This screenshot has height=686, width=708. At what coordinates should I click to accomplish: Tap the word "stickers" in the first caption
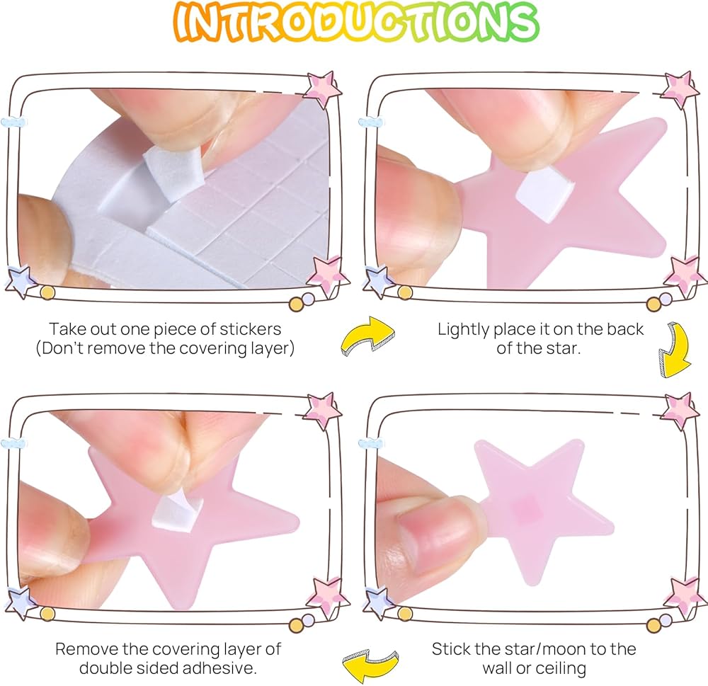[x=250, y=328]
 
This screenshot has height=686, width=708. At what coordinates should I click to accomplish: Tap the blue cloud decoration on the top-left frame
[x=13, y=122]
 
